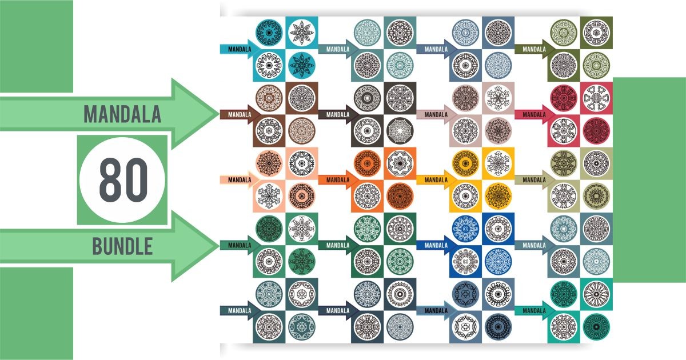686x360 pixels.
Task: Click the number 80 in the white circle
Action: (x=123, y=180)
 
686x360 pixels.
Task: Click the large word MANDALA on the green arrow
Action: (x=122, y=114)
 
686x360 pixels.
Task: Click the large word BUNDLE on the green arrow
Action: (x=122, y=247)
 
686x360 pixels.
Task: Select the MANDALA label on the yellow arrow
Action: (x=436, y=180)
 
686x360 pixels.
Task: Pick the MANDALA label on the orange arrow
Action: (x=337, y=180)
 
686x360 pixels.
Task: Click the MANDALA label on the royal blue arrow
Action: (x=436, y=245)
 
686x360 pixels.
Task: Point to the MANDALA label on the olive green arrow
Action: (x=533, y=49)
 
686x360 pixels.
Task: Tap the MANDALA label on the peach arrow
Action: (x=239, y=180)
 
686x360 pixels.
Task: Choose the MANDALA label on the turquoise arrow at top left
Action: (x=239, y=49)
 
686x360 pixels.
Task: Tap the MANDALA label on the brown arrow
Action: (x=239, y=114)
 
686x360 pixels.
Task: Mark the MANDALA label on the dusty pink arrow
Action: (x=436, y=114)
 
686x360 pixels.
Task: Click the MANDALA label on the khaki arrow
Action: (x=533, y=180)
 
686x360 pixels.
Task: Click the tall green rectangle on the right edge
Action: (x=649, y=180)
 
